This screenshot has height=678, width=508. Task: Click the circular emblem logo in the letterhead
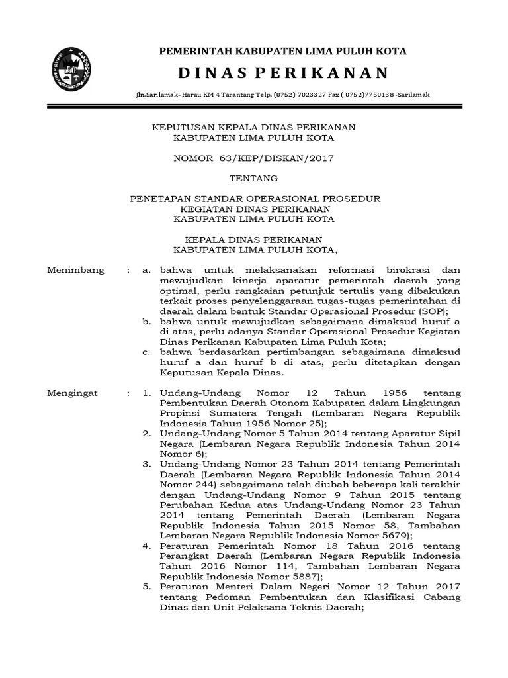coord(71,70)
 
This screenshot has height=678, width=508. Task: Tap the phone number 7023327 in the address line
coord(279,95)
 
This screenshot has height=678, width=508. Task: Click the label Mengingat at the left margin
coord(73,393)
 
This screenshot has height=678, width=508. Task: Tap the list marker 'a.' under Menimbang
coord(147,271)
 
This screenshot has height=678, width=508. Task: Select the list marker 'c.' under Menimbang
coord(147,352)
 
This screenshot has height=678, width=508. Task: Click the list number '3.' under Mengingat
coord(147,464)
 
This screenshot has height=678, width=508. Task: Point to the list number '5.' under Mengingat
coord(147,587)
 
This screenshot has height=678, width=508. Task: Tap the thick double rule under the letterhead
coord(253,106)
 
